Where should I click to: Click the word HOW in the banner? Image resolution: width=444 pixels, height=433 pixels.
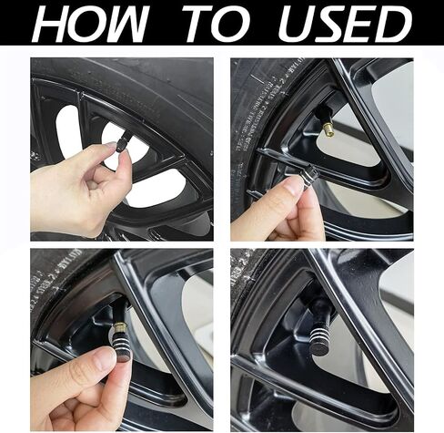tap(90, 23)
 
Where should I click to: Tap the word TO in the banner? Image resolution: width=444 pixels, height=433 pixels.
tap(217, 23)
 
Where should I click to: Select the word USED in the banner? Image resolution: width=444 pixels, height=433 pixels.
tap(345, 23)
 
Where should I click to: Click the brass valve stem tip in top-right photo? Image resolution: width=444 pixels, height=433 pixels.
tap(328, 127)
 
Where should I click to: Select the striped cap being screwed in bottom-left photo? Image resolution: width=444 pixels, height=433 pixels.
tap(125, 346)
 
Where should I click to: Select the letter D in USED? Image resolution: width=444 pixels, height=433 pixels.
tap(393, 23)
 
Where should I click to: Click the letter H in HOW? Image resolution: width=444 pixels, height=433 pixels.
tap(51, 24)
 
